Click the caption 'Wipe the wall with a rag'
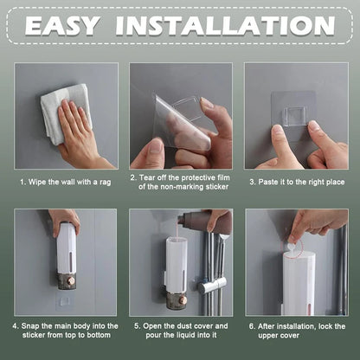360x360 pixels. tap(72, 183)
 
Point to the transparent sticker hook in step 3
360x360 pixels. tap(294, 111)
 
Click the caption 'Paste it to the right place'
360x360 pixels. tap(299, 183)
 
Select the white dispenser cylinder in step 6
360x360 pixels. tap(299, 281)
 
